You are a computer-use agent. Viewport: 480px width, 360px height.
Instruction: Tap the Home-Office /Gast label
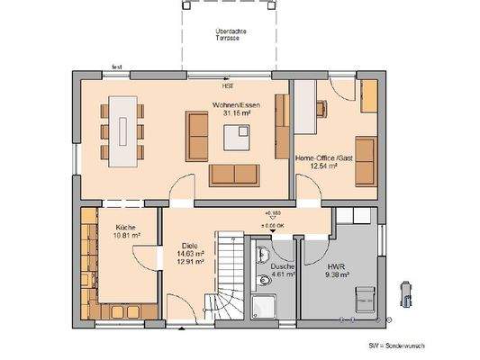(316, 158)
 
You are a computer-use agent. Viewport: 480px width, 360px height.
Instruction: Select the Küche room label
(125, 228)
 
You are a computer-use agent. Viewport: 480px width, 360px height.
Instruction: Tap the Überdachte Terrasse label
(232, 35)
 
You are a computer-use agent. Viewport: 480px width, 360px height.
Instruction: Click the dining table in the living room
(124, 131)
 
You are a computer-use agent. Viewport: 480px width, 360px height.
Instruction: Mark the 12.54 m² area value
(316, 166)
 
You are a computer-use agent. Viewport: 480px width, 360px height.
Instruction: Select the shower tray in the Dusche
(264, 306)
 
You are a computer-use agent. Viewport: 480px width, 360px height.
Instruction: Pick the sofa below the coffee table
(233, 172)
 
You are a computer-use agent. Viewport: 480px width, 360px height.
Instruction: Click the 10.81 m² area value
(125, 236)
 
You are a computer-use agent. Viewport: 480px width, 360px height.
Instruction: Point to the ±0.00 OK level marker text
(272, 225)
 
